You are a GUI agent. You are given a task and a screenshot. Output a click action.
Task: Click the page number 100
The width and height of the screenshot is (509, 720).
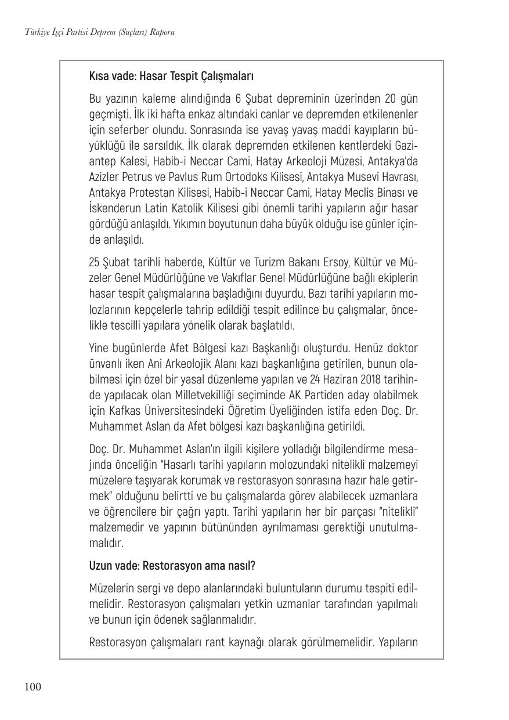pos(33,688)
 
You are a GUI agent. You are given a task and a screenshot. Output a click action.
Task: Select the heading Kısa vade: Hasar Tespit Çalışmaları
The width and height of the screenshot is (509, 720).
pos(172,77)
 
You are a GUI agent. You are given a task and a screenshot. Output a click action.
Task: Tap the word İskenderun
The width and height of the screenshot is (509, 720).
pos(118,208)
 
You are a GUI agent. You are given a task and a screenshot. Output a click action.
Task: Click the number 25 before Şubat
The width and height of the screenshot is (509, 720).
pos(95,262)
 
